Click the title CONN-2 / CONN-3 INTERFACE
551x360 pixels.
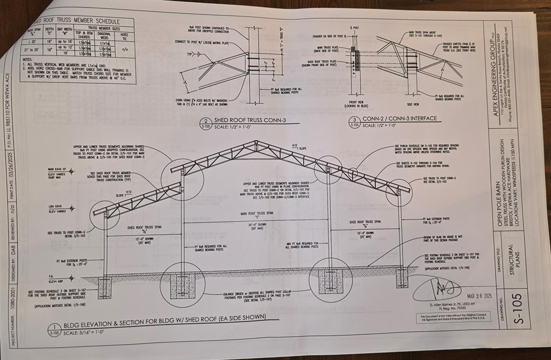point(397,118)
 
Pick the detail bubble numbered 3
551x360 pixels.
point(355,121)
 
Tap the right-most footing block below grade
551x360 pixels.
point(402,278)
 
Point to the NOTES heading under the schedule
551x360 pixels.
point(27,59)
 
